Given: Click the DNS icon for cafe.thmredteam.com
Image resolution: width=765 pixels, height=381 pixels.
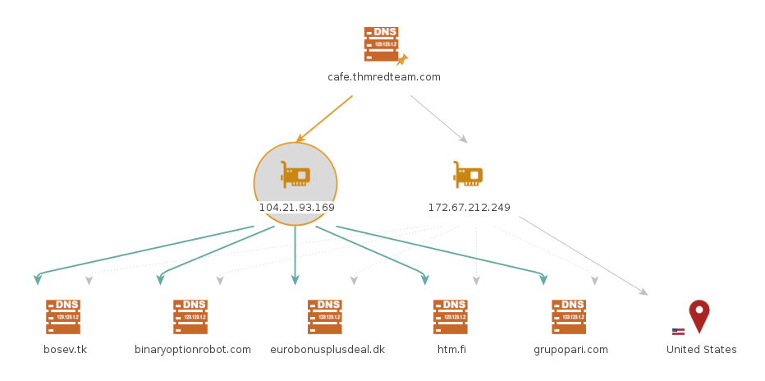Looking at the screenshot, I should pyautogui.click(x=381, y=44).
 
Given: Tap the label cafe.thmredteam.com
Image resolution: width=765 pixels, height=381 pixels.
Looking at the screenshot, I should pyautogui.click(x=384, y=77).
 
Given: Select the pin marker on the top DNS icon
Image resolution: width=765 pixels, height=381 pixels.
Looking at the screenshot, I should pyautogui.click(x=401, y=59).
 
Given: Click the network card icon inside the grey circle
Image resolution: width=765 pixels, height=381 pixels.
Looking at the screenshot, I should pyautogui.click(x=295, y=174).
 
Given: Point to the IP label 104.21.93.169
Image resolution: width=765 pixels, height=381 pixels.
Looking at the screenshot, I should pyautogui.click(x=296, y=208).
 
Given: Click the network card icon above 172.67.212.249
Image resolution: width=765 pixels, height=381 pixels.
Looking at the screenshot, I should pyautogui.click(x=468, y=174).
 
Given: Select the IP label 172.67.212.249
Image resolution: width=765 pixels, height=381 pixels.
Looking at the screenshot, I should pyautogui.click(x=469, y=208).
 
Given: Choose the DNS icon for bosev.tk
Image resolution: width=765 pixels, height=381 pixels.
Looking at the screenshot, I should pyautogui.click(x=63, y=317).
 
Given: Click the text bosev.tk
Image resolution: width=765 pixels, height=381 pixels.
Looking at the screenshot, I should pyautogui.click(x=65, y=350).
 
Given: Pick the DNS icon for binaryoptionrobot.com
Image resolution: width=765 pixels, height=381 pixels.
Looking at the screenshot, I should pyautogui.click(x=190, y=317).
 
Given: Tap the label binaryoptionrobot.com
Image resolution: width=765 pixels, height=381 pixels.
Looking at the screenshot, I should pyautogui.click(x=193, y=350).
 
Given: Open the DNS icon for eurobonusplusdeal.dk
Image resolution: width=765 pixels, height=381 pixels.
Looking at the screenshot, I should pyautogui.click(x=325, y=317).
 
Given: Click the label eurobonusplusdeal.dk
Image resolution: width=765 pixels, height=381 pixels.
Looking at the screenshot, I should pyautogui.click(x=328, y=350).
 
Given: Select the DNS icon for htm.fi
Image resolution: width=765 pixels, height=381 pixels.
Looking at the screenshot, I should pyautogui.click(x=451, y=317).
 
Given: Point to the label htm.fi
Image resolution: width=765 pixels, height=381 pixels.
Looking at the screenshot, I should pyautogui.click(x=452, y=350).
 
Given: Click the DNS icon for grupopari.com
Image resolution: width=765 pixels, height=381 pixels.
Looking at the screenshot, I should pyautogui.click(x=569, y=317).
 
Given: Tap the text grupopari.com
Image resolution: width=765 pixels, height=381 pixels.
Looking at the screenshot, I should pyautogui.click(x=570, y=350).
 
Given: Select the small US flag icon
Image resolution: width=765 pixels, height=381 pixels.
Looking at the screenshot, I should pyautogui.click(x=678, y=332).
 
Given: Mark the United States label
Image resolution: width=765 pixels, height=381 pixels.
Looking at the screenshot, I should pyautogui.click(x=701, y=350).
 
